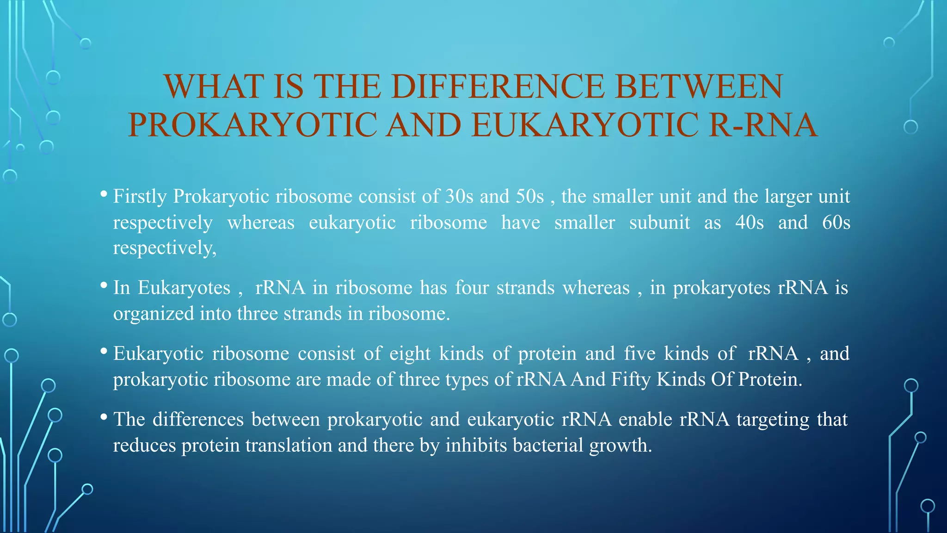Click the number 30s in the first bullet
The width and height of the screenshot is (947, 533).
[459, 197]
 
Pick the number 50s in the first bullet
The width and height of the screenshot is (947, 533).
[529, 197]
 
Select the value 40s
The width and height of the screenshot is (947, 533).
[750, 223]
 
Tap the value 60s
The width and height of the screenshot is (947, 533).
[836, 223]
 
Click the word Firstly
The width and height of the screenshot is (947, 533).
[140, 197]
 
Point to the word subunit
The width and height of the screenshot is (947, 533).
[659, 223]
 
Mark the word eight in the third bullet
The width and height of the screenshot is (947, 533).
[410, 353]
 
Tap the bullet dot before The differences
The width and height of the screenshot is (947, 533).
[104, 417]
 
